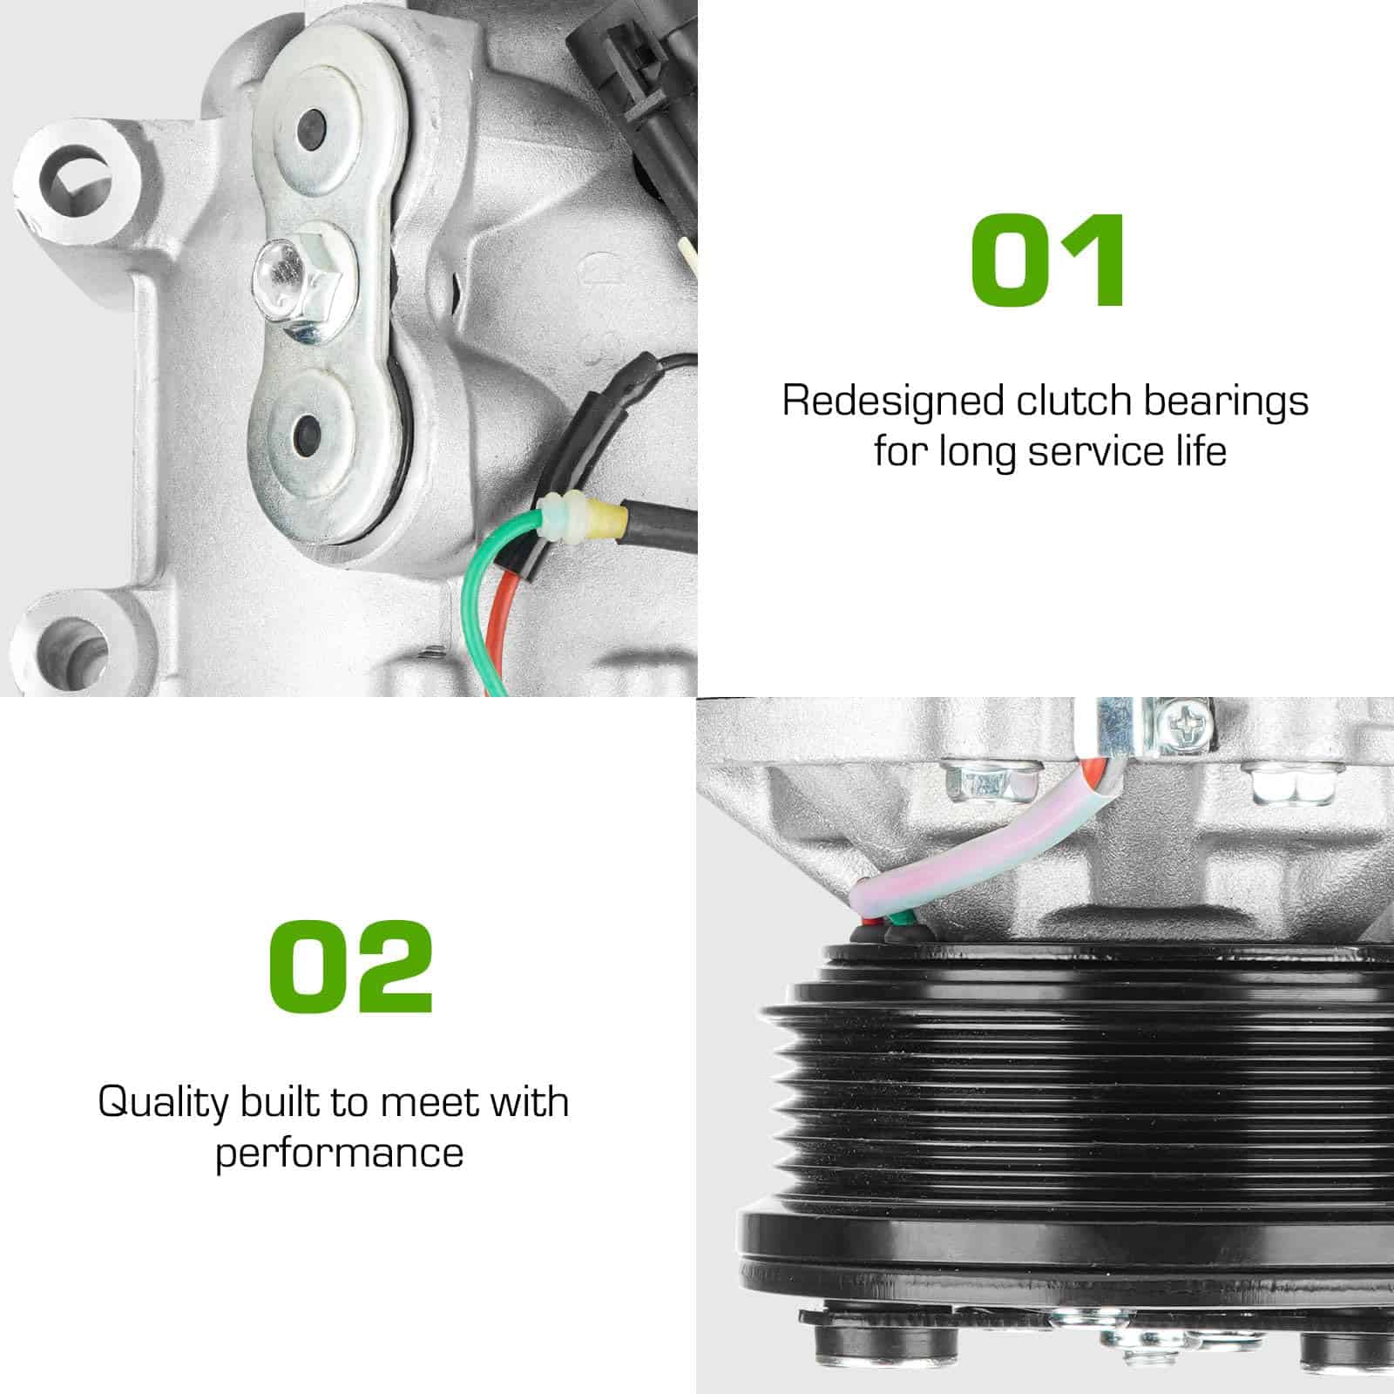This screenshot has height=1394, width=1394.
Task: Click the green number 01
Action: point(1048,261)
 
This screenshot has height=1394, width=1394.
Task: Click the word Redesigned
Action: point(893,401)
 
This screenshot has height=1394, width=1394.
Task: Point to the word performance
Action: point(339,1154)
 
